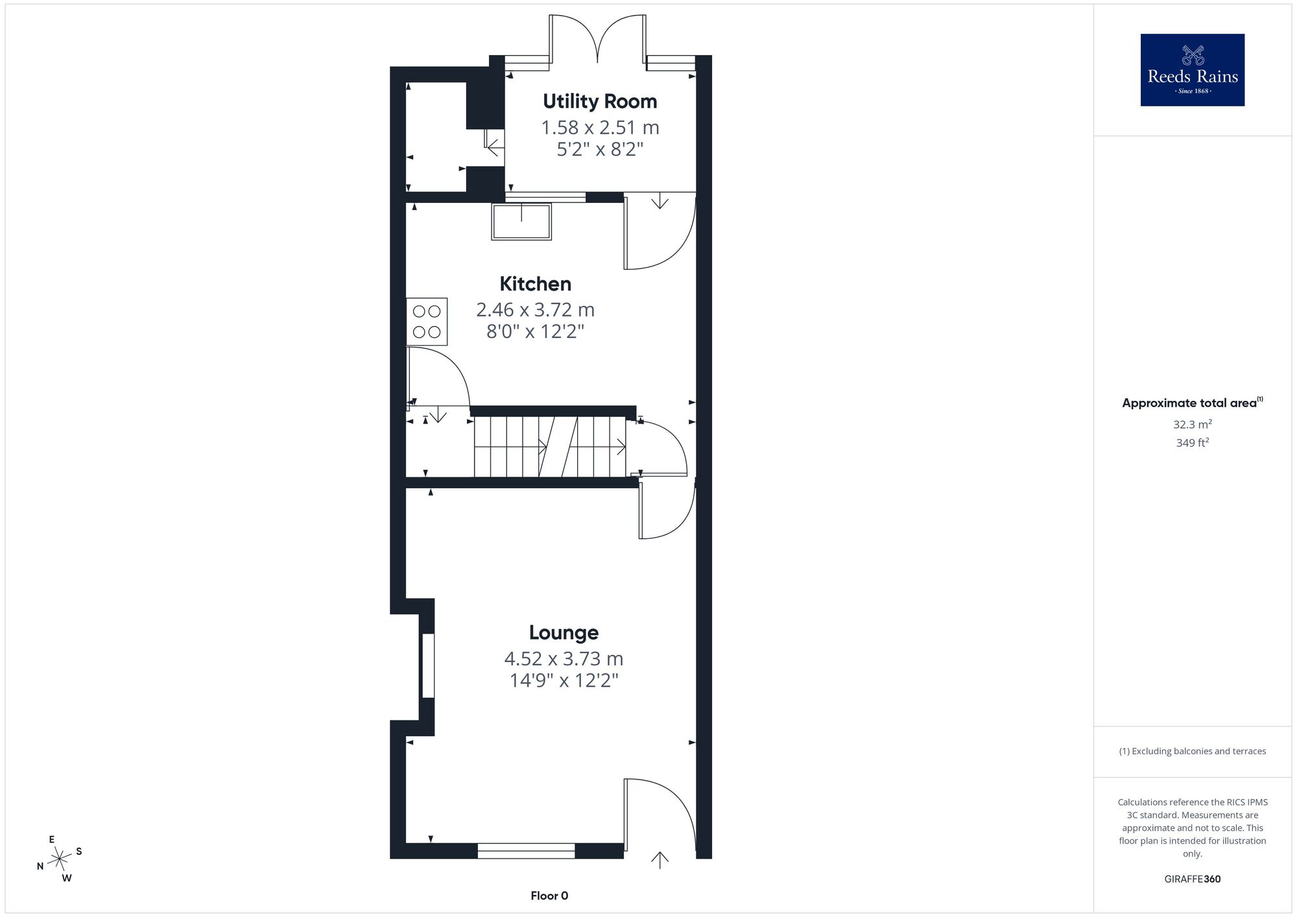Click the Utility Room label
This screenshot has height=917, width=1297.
(600, 102)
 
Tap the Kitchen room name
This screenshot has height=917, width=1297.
(535, 284)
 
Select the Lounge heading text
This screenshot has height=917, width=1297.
(564, 633)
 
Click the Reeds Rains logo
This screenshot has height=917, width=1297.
(1193, 70)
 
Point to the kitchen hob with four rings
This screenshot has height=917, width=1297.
(427, 322)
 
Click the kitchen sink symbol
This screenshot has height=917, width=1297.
(521, 222)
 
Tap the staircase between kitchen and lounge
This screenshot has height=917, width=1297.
(550, 446)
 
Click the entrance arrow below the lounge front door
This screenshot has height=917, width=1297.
(660, 860)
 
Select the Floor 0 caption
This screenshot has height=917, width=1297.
(549, 896)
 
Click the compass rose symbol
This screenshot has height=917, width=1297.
(59, 859)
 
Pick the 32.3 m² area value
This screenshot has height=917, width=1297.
(1192, 425)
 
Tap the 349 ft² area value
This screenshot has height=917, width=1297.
(1192, 443)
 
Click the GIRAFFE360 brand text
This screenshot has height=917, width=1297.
(1192, 879)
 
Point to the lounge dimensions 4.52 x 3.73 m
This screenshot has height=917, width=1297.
(564, 659)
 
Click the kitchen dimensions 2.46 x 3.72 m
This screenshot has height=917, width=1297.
(535, 310)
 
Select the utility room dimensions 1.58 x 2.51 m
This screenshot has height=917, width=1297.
(600, 128)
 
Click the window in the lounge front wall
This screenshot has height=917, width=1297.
(526, 851)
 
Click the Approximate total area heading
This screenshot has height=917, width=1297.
(1192, 403)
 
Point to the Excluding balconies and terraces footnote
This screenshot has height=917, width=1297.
(1192, 751)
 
